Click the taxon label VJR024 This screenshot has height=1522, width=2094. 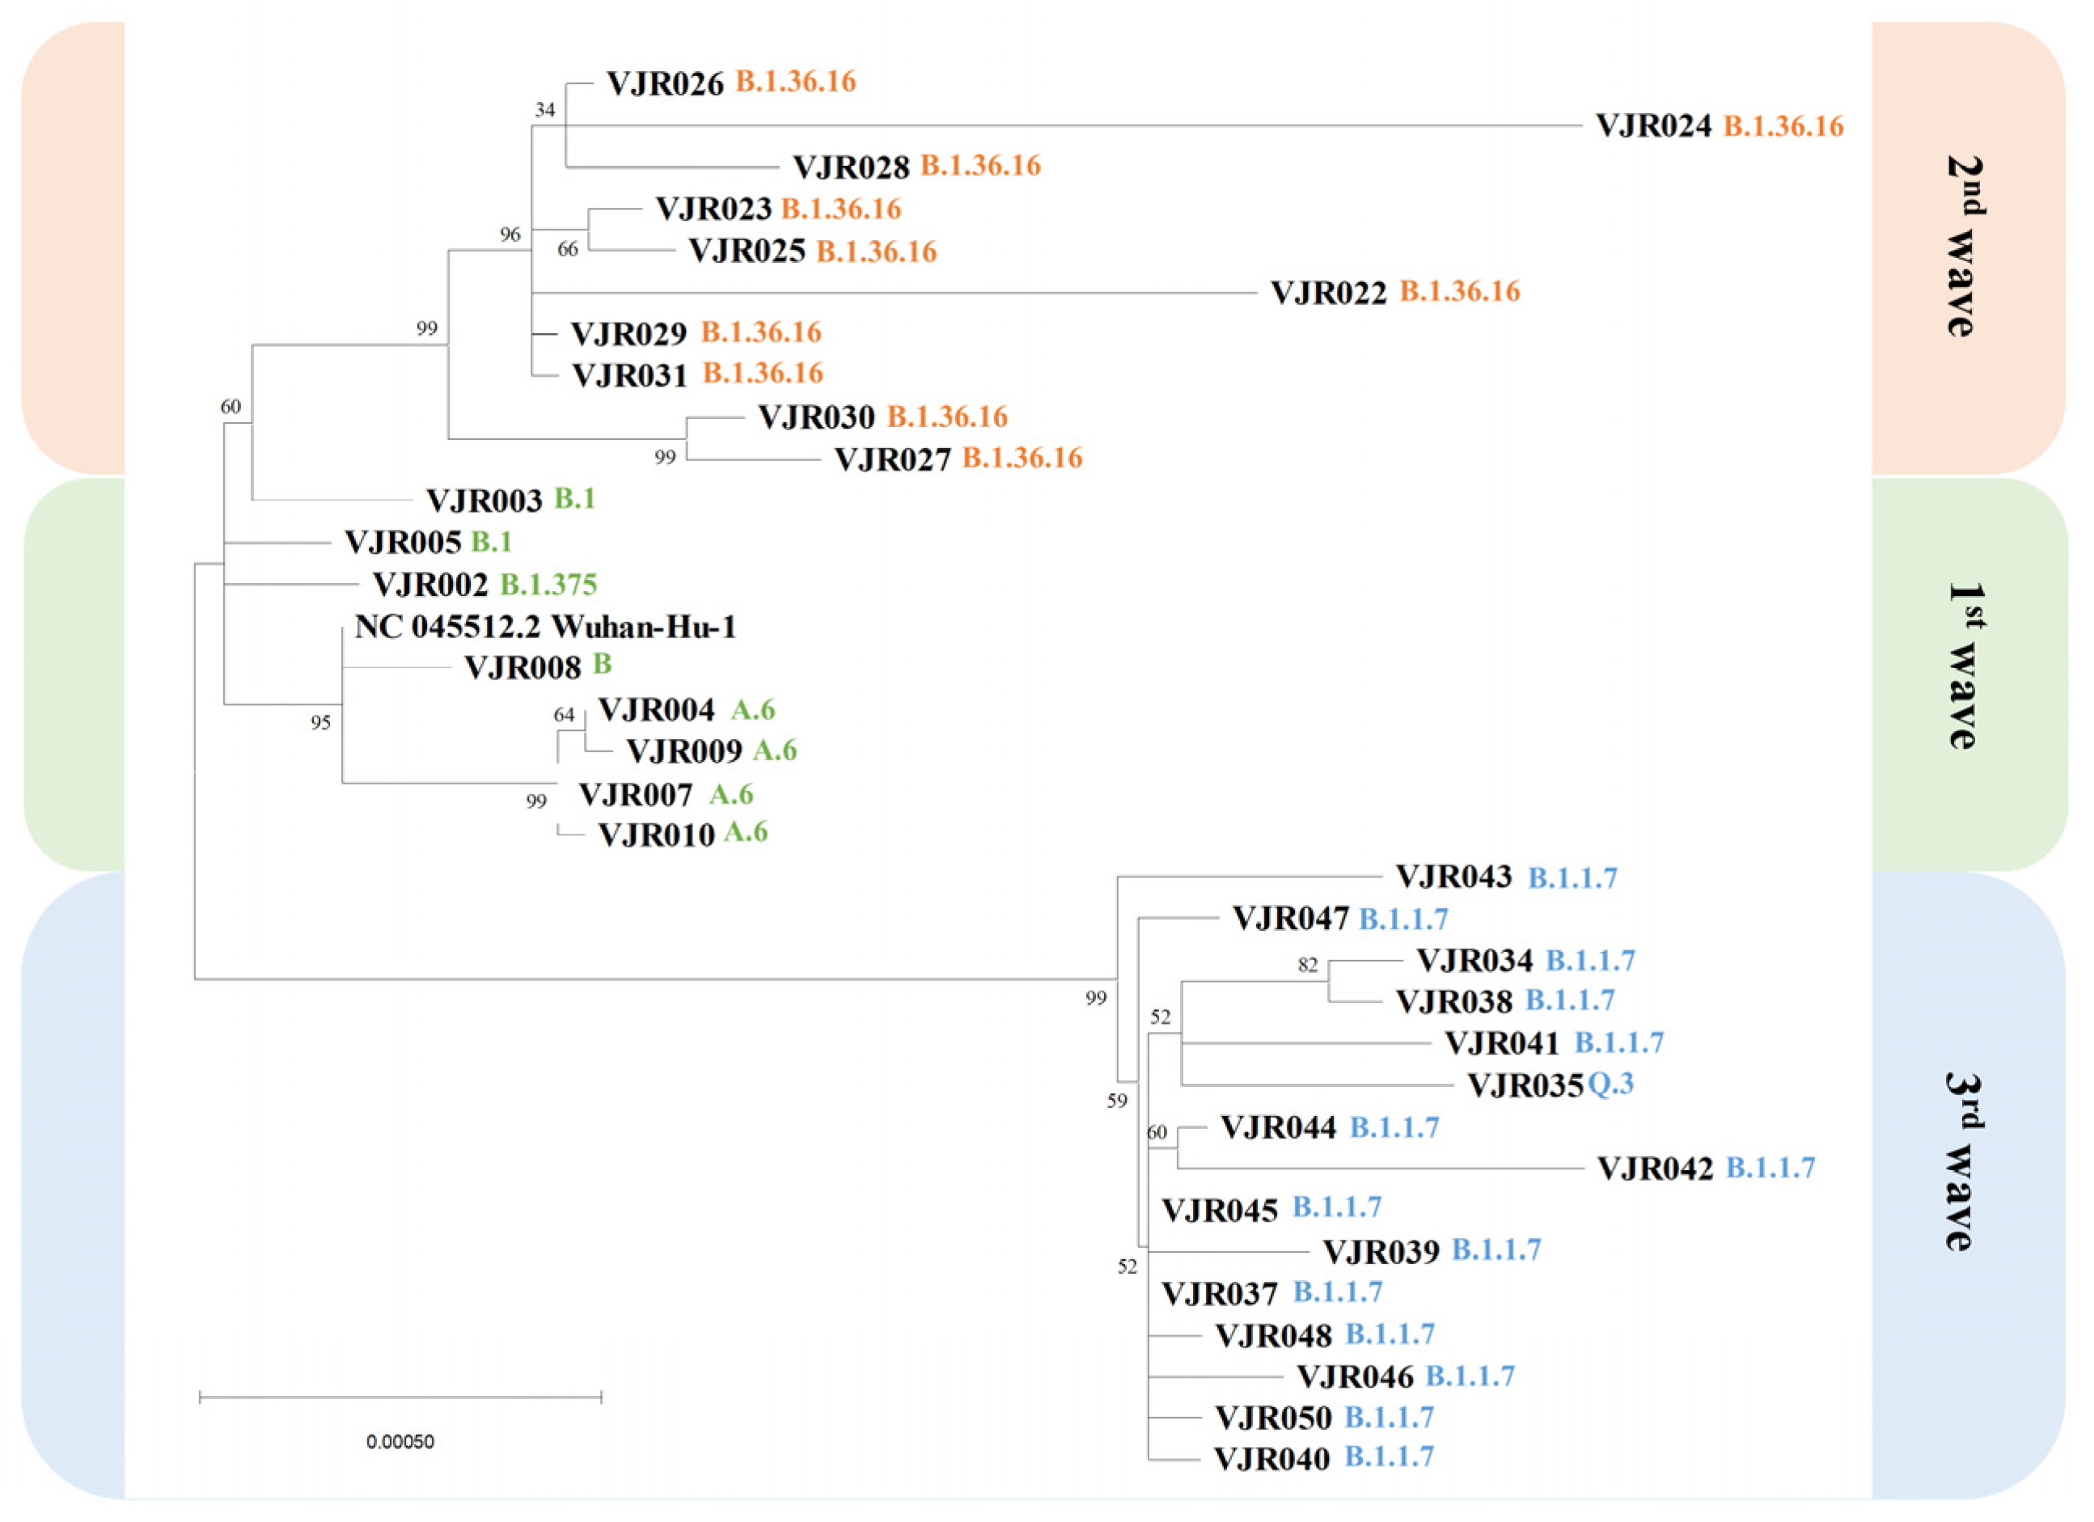(1652, 125)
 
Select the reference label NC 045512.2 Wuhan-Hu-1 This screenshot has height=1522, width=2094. (545, 628)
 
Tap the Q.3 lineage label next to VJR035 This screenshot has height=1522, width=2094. (1611, 1084)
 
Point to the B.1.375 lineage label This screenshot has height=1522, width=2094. (548, 584)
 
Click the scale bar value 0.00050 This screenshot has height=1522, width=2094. (400, 1442)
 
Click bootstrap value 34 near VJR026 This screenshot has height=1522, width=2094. (545, 110)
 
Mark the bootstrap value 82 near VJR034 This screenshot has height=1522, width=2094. (1307, 966)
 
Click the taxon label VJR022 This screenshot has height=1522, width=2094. (1328, 293)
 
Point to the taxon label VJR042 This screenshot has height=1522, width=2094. (1655, 1169)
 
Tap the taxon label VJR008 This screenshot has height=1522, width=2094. (522, 667)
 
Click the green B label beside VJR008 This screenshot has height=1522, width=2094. (602, 665)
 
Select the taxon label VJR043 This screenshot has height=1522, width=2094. (1453, 877)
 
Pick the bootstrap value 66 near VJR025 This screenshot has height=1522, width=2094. (567, 249)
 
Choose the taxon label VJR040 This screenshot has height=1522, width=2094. (1271, 1458)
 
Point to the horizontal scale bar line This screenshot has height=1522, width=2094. (400, 1397)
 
